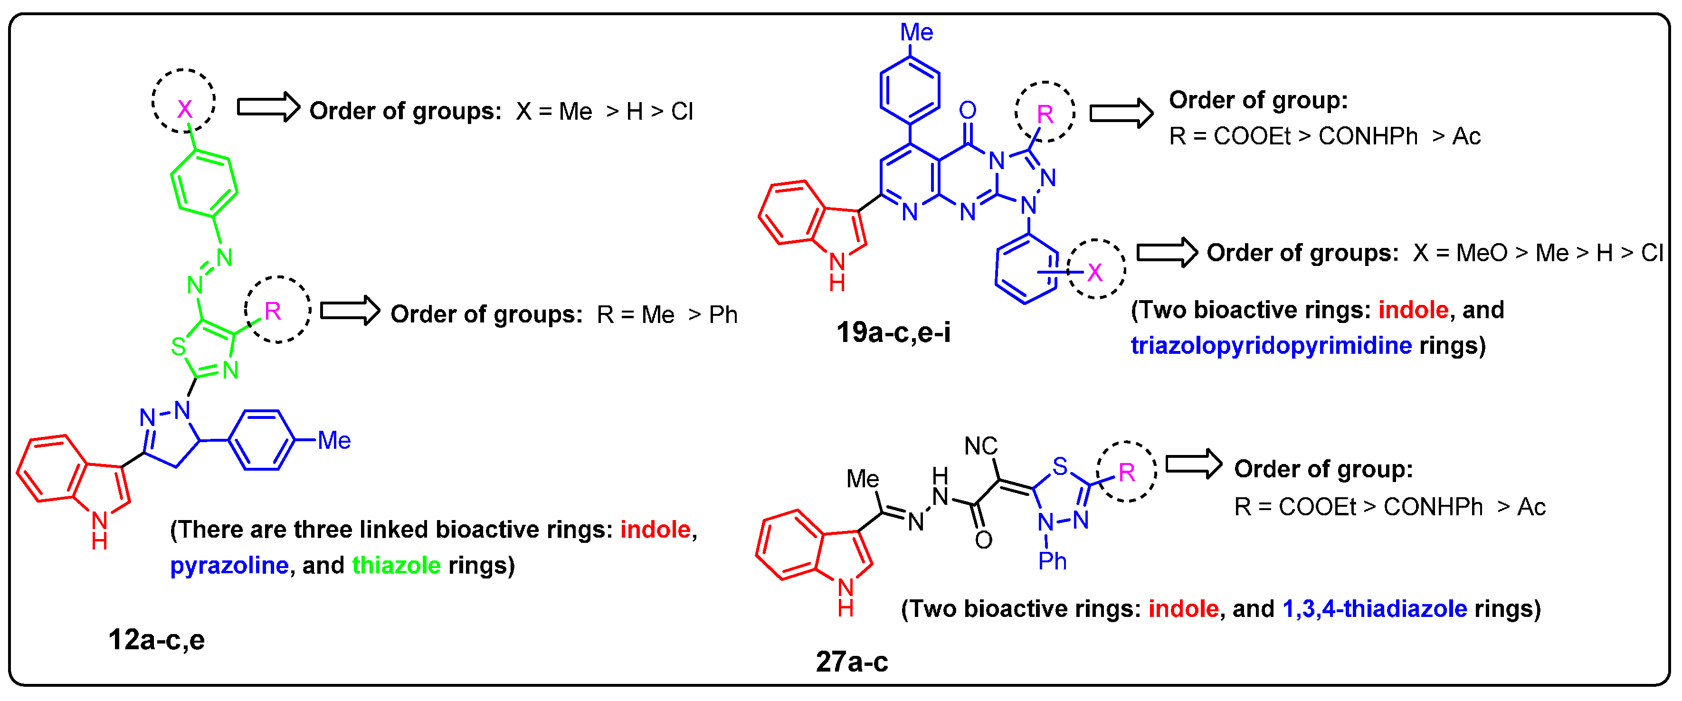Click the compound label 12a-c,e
pyautogui.click(x=156, y=640)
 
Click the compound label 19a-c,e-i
pyautogui.click(x=893, y=333)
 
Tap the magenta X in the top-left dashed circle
pyautogui.click(x=185, y=109)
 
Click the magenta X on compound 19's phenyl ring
pyautogui.click(x=1094, y=272)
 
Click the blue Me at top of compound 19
pyautogui.click(x=916, y=32)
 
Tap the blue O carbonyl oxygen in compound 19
pyautogui.click(x=968, y=110)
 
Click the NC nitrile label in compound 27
pyautogui.click(x=981, y=446)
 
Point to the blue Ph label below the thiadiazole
pyautogui.click(x=1052, y=561)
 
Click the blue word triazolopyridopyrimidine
pyautogui.click(x=1271, y=345)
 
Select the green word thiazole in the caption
pyautogui.click(x=396, y=565)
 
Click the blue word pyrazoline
pyautogui.click(x=229, y=565)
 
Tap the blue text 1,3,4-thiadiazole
pyautogui.click(x=1375, y=609)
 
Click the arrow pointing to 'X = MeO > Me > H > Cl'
pyautogui.click(x=1167, y=252)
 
